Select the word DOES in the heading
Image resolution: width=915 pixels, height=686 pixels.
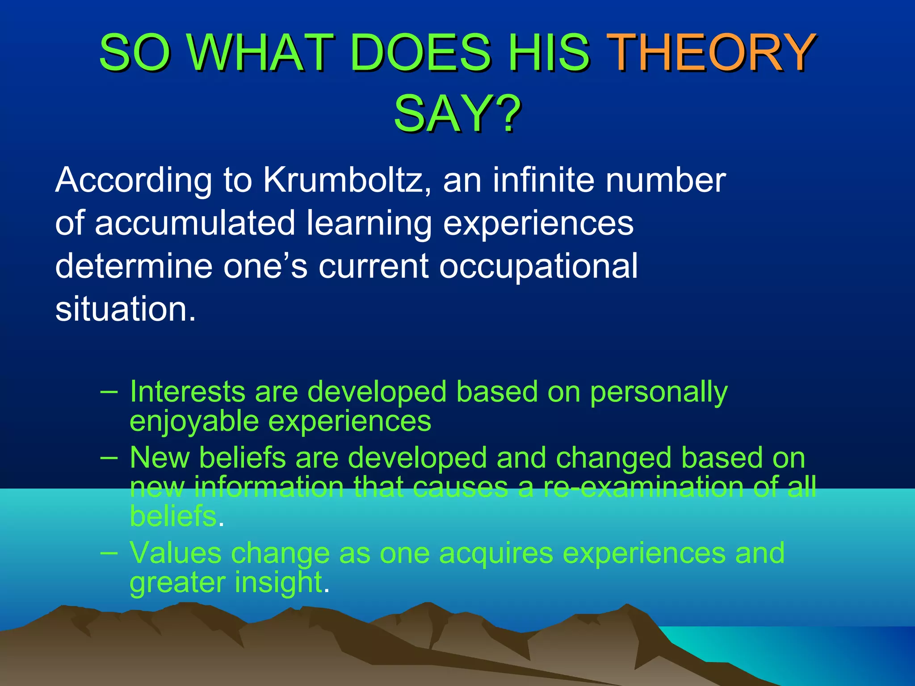point(420,53)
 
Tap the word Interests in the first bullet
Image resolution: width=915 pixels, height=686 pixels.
point(187,392)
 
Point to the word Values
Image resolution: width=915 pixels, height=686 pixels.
point(175,553)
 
